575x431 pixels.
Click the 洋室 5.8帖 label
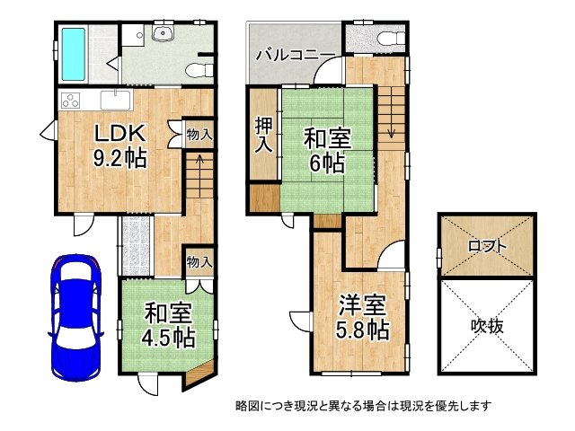pos(364,315)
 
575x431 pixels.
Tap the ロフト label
pos(488,245)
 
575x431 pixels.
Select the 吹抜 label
pos(488,326)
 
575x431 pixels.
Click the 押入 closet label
pos(262,136)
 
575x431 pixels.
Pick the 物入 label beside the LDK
pos(199,135)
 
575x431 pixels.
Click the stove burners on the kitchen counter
pos(71,98)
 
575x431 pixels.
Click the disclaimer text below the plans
pos(364,406)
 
